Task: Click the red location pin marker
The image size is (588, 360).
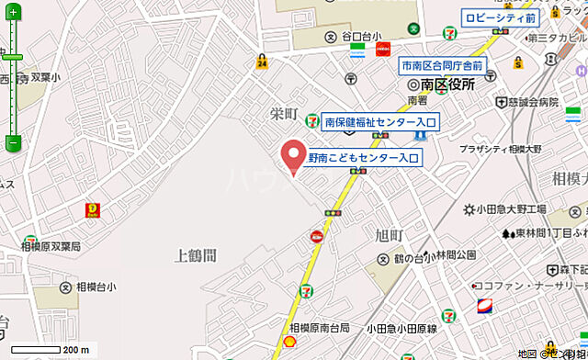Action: [x=293, y=155]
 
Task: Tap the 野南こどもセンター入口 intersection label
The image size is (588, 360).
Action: [x=363, y=158]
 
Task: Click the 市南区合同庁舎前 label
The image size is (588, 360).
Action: [x=441, y=65]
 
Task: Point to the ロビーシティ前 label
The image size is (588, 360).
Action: [x=500, y=17]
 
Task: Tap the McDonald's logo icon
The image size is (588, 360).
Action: [x=93, y=210]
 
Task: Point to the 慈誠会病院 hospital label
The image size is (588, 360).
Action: [x=531, y=102]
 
